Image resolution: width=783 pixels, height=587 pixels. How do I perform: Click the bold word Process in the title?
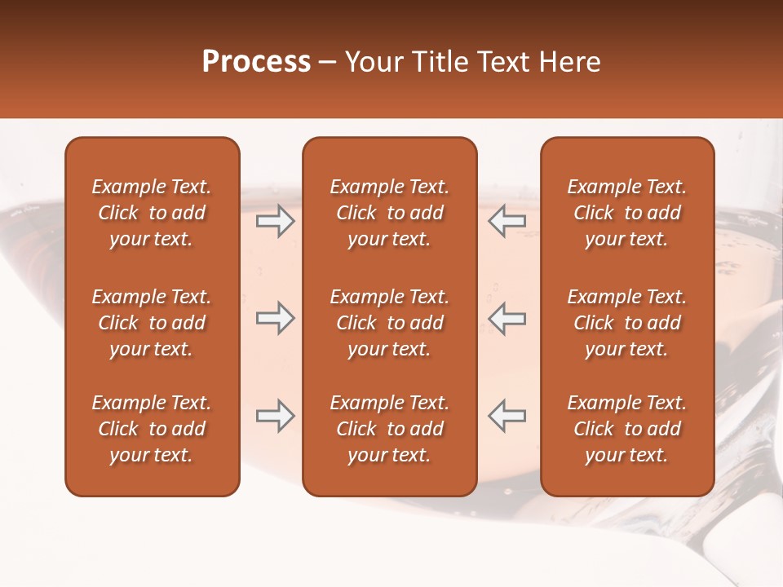pos(256,62)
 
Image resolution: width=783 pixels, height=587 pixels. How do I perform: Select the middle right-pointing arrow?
pos(275,318)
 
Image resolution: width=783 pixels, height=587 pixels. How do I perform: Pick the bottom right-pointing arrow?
pos(275,416)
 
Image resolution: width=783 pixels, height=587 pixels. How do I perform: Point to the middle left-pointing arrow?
pos(507,318)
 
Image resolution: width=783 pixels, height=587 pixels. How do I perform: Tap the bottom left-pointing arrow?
pos(507,416)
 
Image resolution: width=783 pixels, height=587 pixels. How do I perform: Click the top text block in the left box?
pos(152,213)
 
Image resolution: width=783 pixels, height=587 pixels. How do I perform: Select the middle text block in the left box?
pos(152,323)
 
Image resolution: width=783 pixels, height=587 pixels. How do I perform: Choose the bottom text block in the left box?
pos(152,429)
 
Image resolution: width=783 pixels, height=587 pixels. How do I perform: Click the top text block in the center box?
pos(389,213)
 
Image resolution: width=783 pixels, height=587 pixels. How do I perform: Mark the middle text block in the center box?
pos(389,323)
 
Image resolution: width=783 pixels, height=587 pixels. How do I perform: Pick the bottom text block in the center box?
pos(389,429)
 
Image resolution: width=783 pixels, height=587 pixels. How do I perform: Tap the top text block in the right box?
pos(626,213)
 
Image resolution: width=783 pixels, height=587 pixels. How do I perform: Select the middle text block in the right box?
pos(626,323)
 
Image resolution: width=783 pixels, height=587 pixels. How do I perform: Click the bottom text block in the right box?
pos(626,429)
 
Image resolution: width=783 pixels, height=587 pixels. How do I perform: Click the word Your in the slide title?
pos(371,62)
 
